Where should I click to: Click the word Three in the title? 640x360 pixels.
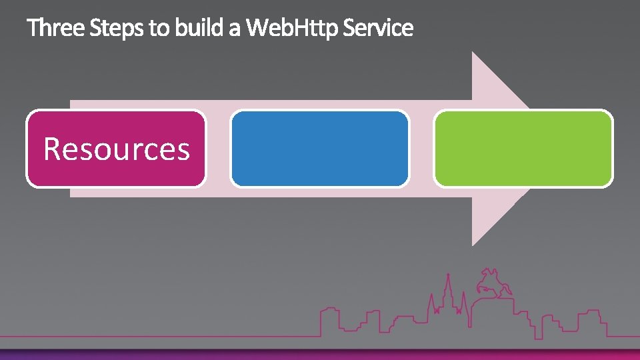coord(56,28)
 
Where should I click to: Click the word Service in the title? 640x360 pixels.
coord(378,28)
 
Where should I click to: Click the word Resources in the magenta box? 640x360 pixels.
coord(117,149)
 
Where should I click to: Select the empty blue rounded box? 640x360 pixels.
coord(319,149)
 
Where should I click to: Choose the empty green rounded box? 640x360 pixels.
coord(523,149)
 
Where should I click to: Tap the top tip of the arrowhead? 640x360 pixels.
coord(473,53)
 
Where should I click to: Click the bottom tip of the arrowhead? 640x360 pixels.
coord(473,244)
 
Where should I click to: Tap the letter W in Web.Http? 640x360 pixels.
coord(258,28)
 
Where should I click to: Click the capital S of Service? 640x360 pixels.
coord(349,28)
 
